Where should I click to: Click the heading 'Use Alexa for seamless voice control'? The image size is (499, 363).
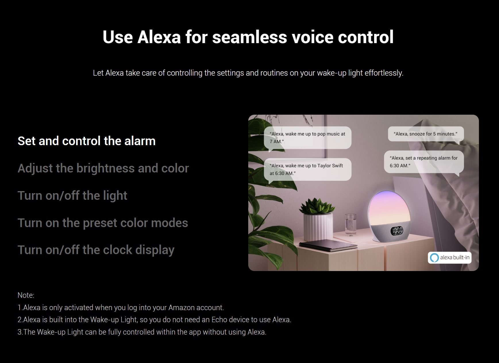point(248,37)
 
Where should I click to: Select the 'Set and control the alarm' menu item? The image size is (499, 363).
point(86,141)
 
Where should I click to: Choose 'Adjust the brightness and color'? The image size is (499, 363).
point(103,169)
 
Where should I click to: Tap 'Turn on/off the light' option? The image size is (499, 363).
point(72,196)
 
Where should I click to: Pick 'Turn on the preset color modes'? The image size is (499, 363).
point(103,223)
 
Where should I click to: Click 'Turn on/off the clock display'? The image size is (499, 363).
point(96,250)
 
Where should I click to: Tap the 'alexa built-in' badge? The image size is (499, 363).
point(450,258)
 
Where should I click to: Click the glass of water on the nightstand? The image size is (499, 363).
point(350,224)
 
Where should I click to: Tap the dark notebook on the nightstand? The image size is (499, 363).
point(328,246)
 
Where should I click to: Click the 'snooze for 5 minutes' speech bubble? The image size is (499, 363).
point(426,134)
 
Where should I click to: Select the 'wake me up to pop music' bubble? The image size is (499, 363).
point(308,138)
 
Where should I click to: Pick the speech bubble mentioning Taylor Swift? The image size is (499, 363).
point(308,170)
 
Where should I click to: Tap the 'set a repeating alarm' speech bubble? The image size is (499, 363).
point(424,162)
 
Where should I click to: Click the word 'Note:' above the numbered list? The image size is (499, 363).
point(26,295)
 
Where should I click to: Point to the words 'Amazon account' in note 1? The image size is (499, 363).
point(196,308)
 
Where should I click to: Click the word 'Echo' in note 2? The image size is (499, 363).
point(219,320)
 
